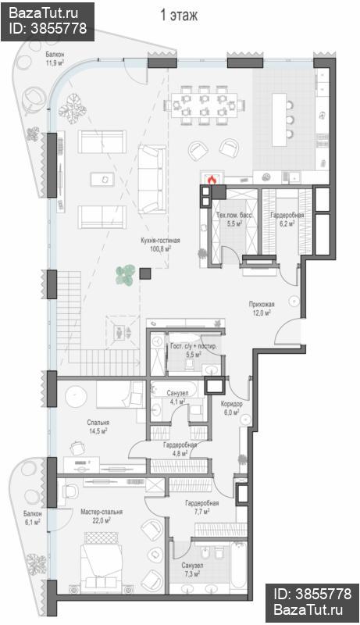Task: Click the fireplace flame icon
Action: [x=212, y=180]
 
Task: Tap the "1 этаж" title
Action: [x=179, y=16]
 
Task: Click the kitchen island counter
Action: [x=280, y=120]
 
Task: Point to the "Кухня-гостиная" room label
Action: [x=160, y=241]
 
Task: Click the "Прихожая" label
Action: [x=262, y=304]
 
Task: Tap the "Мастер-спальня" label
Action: [x=102, y=512]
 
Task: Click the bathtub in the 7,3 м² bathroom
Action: [x=238, y=565]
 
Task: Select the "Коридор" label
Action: [x=232, y=404]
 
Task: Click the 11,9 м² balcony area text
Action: [x=55, y=62]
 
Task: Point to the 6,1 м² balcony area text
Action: [x=32, y=521]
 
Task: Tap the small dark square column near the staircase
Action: [x=145, y=273]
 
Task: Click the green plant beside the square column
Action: [x=126, y=276]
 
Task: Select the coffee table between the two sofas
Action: [x=102, y=179]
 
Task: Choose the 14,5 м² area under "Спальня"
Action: [x=98, y=430]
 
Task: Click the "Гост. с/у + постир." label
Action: [x=194, y=346]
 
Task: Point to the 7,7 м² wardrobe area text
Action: [x=202, y=511]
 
